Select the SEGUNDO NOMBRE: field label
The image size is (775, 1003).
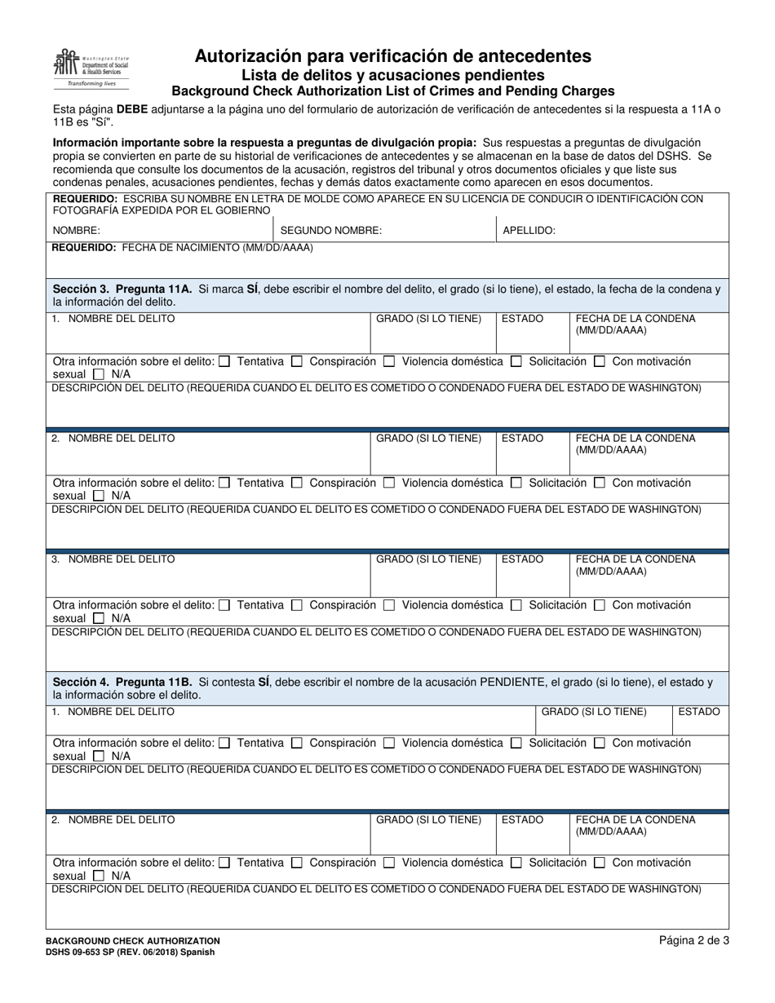[330, 231]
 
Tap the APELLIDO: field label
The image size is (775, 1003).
[529, 231]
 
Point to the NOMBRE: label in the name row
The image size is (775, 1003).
[77, 231]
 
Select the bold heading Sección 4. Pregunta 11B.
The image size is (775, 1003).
[122, 682]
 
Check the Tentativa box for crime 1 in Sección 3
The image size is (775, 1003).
[225, 361]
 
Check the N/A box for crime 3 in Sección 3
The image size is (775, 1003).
[99, 617]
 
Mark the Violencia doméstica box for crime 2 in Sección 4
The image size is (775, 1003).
[389, 863]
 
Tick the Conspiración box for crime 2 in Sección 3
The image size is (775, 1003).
[297, 484]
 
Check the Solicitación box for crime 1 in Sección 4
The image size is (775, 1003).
[516, 744]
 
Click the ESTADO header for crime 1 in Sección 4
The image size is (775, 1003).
[699, 712]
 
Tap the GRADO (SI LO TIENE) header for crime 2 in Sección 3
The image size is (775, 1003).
[428, 439]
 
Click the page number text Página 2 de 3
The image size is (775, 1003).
[694, 940]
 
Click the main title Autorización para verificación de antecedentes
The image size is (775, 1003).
[392, 56]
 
